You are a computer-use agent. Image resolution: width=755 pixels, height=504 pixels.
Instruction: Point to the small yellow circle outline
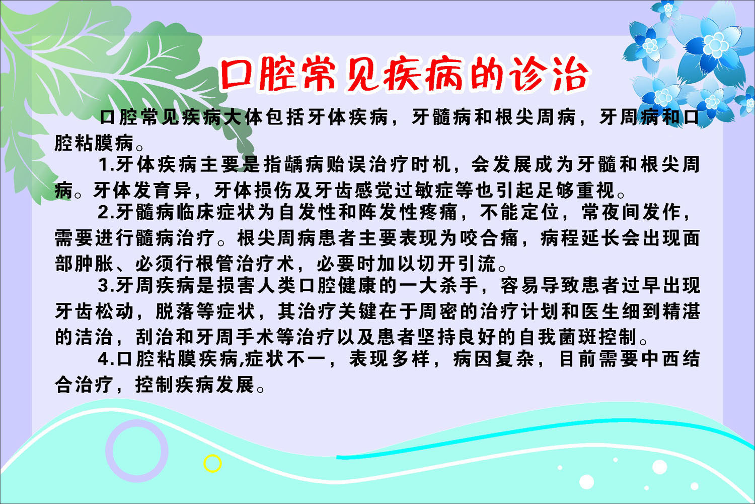point(212,463)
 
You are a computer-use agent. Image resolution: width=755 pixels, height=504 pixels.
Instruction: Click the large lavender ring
point(136,451)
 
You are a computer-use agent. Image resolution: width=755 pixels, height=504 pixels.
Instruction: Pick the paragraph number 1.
point(103,164)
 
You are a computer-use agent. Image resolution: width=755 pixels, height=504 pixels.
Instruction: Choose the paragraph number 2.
point(103,212)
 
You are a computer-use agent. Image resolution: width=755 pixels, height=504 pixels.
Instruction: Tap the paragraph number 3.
point(103,286)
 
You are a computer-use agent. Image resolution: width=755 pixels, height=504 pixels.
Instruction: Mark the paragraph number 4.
point(103,359)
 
